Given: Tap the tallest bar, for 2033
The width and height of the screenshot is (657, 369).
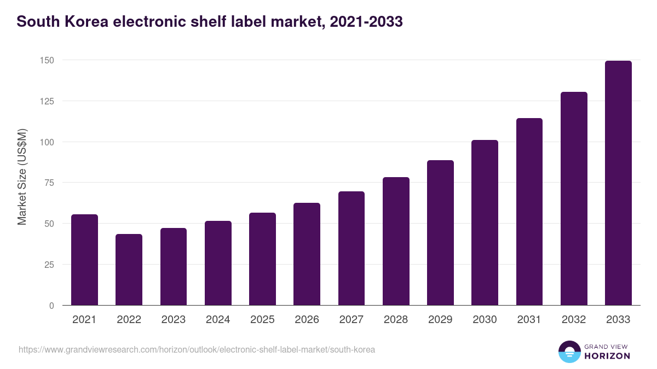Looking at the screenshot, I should click(x=618, y=183).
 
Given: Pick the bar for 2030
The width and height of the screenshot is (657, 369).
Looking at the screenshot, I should click(x=485, y=222).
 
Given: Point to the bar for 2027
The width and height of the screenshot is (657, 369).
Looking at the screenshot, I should click(x=351, y=248).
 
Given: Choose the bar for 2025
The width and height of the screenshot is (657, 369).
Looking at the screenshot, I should click(x=262, y=259).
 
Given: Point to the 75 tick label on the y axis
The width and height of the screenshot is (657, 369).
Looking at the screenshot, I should click(x=49, y=183).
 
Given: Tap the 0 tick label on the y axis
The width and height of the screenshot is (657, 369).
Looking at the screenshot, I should click(x=51, y=306).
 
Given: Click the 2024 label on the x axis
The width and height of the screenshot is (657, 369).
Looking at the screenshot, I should click(x=218, y=320).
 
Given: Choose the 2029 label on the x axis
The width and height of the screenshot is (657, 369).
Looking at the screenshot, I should click(x=440, y=320).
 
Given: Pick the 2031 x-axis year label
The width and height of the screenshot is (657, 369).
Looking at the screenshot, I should click(x=529, y=320).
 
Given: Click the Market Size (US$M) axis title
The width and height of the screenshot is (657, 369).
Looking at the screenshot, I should click(x=22, y=177).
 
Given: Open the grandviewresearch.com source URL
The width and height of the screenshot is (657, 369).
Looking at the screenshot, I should click(x=197, y=349).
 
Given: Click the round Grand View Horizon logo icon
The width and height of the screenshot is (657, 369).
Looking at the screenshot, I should click(x=569, y=352).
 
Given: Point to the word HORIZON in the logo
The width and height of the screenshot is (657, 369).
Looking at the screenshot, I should click(x=608, y=356).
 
